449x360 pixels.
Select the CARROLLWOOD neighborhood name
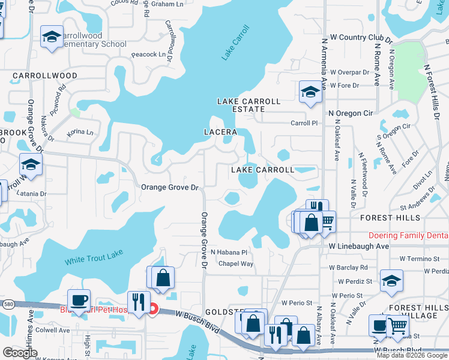tap(45, 76)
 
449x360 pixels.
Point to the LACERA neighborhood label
tap(220, 131)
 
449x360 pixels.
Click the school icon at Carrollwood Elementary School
tap(52, 37)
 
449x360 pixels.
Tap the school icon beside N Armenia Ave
tap(310, 91)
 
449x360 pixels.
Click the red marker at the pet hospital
tap(153, 310)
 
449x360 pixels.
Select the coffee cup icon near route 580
tap(78, 299)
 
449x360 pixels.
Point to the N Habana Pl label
tap(229, 253)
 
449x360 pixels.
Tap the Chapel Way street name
tap(235, 263)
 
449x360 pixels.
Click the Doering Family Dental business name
tap(408, 236)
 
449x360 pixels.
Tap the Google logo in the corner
tap(20, 353)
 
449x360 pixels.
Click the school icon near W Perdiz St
tap(391, 280)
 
